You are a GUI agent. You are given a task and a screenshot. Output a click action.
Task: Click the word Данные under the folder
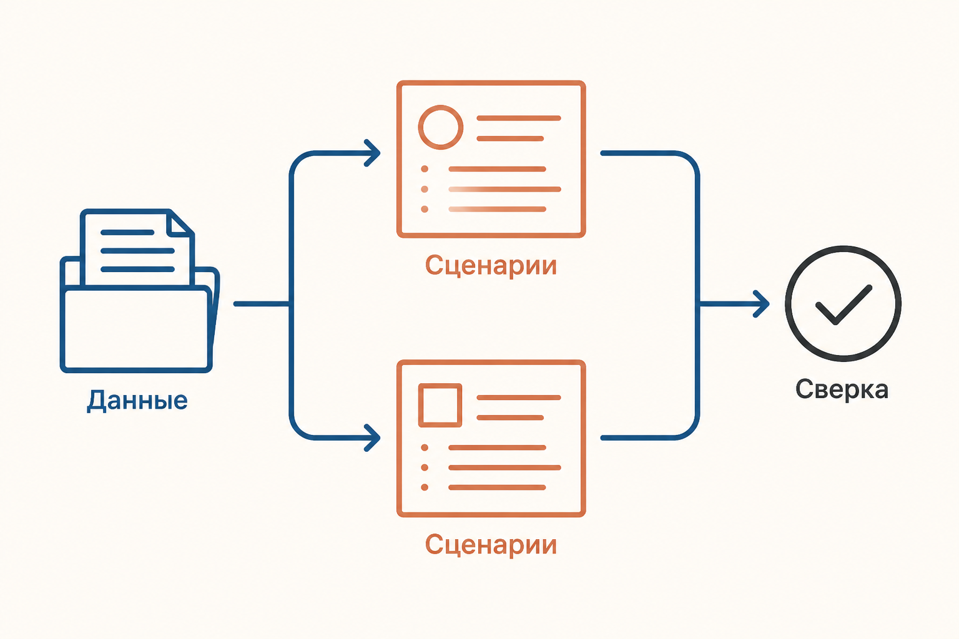click(137, 401)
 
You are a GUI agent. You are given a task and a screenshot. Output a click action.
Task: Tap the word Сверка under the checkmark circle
click(842, 390)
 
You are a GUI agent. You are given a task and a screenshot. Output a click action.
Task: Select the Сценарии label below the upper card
click(491, 266)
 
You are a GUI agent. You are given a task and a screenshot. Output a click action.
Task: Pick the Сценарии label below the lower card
click(491, 545)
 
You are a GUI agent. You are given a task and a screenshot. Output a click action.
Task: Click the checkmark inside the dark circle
click(843, 305)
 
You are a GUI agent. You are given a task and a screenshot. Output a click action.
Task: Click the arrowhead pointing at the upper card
click(372, 153)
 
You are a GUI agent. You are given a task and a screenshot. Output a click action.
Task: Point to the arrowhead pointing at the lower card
click(372, 437)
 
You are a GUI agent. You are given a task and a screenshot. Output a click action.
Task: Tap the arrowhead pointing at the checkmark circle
click(761, 304)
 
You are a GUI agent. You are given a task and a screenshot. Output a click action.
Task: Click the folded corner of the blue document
click(179, 223)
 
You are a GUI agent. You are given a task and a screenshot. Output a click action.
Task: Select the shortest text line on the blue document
click(127, 232)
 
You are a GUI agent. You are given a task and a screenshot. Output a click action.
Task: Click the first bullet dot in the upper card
click(425, 169)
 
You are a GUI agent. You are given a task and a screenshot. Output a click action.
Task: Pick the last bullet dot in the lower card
click(425, 487)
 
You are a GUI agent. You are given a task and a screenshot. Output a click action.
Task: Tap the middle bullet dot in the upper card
click(425, 189)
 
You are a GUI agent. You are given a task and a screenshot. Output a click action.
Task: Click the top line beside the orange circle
click(518, 118)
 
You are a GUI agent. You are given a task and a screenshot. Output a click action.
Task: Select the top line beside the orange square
click(518, 398)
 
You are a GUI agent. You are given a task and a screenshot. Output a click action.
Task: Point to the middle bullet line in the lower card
click(504, 467)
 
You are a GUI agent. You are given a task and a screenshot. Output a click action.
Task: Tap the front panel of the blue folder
click(136, 329)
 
